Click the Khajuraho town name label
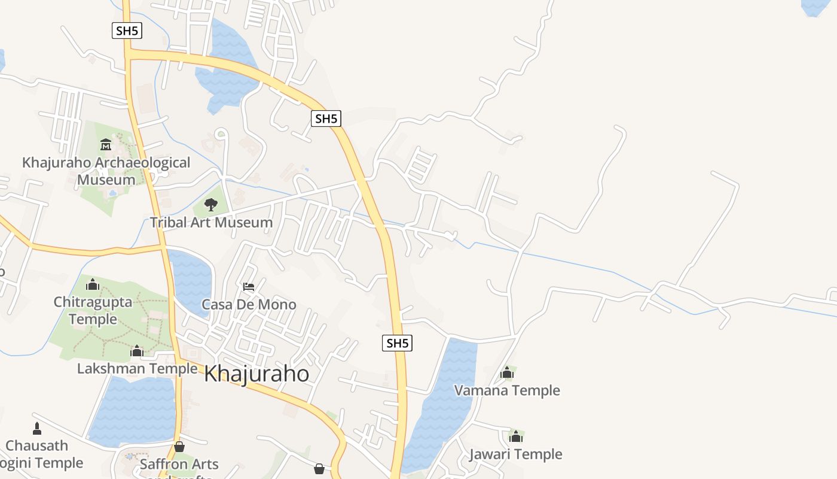click(256, 374)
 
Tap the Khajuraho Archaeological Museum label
click(106, 171)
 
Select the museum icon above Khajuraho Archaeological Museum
click(106, 144)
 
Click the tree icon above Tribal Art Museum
click(210, 205)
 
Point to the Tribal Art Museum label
click(211, 223)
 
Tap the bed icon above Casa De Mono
click(249, 287)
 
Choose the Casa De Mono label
click(249, 304)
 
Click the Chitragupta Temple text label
click(93, 310)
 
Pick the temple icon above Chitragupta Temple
click(93, 284)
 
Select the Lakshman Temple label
click(137, 368)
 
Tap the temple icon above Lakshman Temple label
click(137, 351)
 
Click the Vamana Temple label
click(507, 390)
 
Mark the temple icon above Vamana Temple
click(507, 373)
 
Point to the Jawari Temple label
click(515, 454)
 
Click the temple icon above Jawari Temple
click(515, 436)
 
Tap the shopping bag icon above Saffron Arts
click(179, 447)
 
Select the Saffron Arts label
click(179, 464)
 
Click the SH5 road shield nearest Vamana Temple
click(397, 343)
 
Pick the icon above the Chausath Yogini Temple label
click(37, 429)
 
